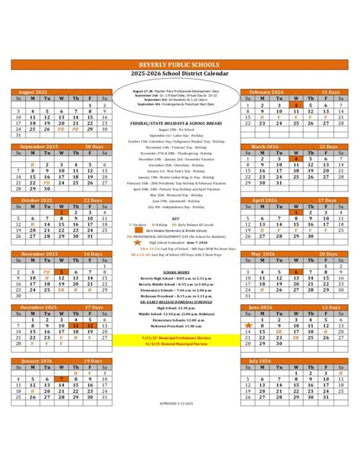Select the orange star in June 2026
pyautogui.click(x=248, y=325)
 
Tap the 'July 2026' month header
pyautogui.click(x=261, y=360)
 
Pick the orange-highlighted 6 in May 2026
pyautogui.click(x=296, y=271)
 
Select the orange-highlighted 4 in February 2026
pyautogui.click(x=296, y=105)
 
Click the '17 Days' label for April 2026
pyautogui.click(x=329, y=200)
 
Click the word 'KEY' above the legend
pyautogui.click(x=175, y=218)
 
